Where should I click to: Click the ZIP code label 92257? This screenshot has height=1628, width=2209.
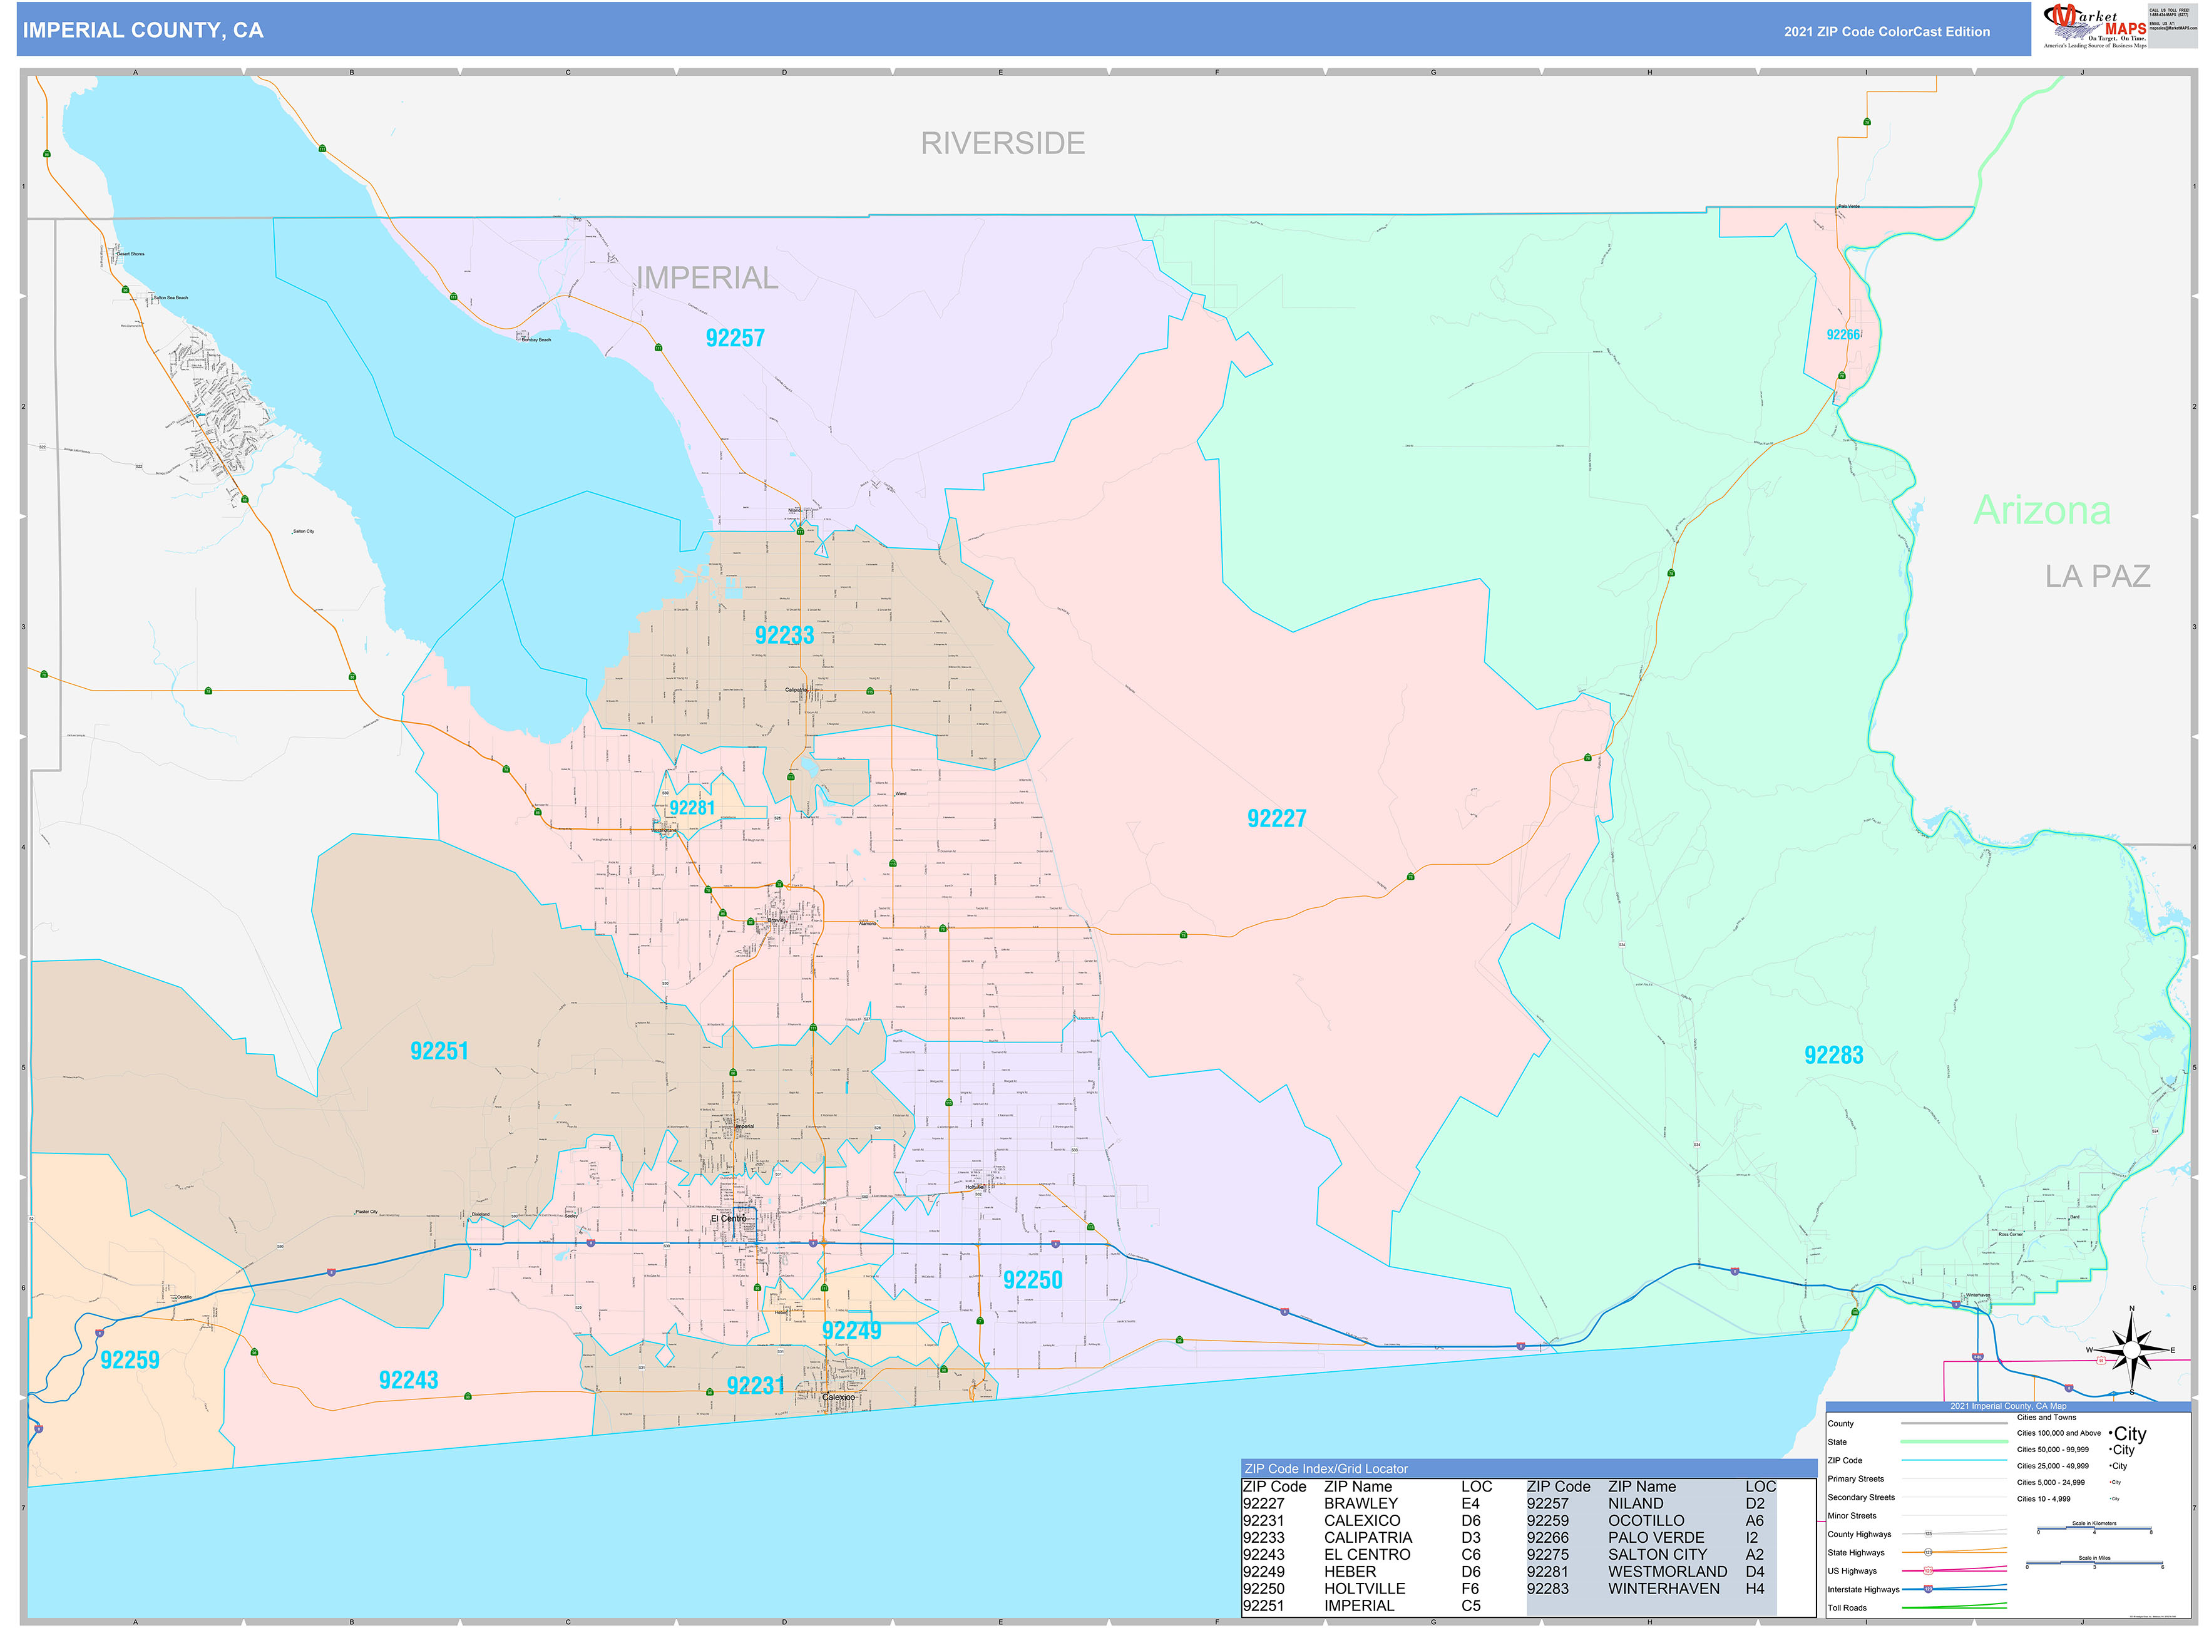tap(735, 338)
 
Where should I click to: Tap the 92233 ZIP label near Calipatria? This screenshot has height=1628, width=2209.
tap(784, 635)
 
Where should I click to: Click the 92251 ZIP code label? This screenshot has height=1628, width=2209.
tap(439, 1051)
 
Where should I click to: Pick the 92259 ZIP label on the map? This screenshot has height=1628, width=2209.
tap(130, 1360)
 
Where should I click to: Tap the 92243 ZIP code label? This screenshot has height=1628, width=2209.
tap(408, 1379)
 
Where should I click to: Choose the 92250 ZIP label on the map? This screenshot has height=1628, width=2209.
tap(1033, 1279)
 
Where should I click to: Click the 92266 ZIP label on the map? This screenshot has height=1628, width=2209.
tap(1842, 334)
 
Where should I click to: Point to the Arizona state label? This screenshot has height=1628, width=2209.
tap(2041, 510)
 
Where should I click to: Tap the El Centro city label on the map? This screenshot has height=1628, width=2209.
tap(728, 1218)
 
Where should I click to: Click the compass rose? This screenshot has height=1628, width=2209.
tap(2131, 1350)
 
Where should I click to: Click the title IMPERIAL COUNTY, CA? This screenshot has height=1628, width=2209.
tap(143, 31)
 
